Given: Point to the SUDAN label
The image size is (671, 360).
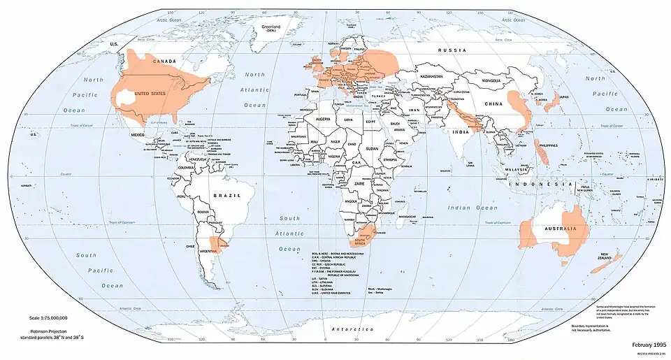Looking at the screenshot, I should (371, 148).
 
